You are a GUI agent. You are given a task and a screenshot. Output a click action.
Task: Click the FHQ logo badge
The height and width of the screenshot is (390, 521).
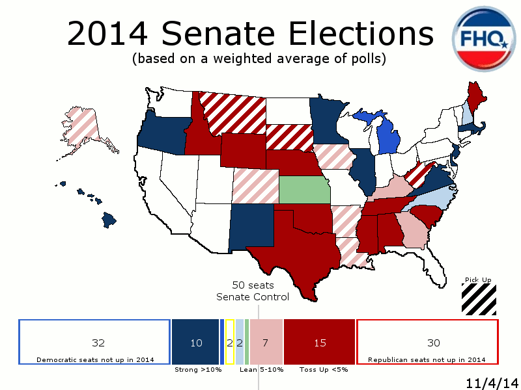click(485, 40)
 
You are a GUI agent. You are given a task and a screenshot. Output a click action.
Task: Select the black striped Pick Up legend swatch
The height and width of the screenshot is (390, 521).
click(479, 300)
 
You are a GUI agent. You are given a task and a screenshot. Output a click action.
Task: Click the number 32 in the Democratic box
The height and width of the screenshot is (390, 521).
click(98, 343)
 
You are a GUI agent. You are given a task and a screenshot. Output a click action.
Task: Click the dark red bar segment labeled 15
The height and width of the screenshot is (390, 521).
click(320, 342)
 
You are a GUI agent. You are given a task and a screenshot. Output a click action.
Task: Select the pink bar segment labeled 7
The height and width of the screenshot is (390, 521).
click(265, 342)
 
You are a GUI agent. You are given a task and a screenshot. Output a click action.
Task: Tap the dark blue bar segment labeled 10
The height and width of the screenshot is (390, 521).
click(195, 342)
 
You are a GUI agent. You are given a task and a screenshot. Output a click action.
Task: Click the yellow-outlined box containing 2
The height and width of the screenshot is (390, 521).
click(229, 342)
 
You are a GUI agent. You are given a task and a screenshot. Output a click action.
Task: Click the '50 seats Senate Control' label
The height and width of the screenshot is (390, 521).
click(253, 291)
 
